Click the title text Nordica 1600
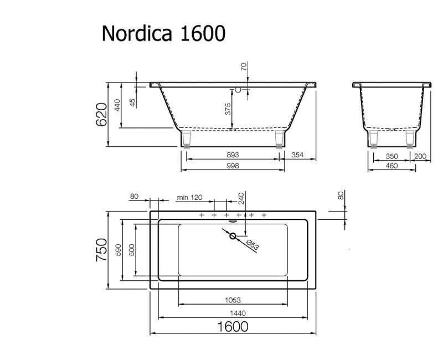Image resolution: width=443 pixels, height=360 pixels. [x=163, y=34]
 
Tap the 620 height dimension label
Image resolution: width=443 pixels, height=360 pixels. [x=101, y=114]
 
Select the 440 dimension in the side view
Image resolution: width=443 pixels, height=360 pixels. [x=117, y=105]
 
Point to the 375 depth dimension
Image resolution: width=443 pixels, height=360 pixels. [x=228, y=109]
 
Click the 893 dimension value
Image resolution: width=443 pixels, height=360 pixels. [x=233, y=156]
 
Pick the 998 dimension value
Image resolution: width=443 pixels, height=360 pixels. [x=233, y=166]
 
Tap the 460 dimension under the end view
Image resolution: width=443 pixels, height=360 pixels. [x=392, y=166]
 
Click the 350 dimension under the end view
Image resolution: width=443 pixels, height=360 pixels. [x=392, y=156]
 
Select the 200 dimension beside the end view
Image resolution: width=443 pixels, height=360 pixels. [x=421, y=156]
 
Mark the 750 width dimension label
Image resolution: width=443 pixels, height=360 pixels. [x=101, y=250]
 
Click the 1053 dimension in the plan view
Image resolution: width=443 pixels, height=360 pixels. [x=233, y=300]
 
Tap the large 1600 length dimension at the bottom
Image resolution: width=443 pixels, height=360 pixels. [x=232, y=326]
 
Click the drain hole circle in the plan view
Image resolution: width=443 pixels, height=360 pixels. [x=233, y=236]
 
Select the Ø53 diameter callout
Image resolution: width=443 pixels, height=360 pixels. [x=251, y=246]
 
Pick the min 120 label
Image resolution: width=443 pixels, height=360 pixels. [x=190, y=198]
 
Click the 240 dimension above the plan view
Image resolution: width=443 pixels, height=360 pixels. [x=241, y=198]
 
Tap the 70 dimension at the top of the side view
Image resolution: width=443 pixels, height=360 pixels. [x=243, y=66]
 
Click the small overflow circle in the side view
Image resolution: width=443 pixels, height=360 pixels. [x=239, y=89]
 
